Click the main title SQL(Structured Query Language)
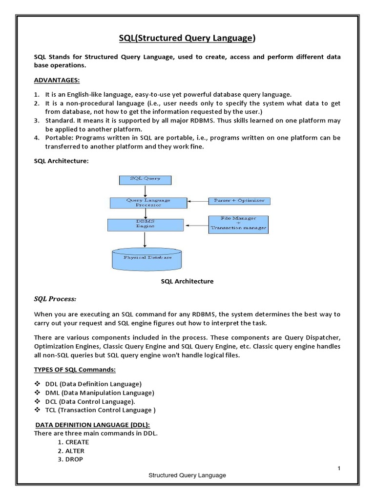click(x=187, y=38)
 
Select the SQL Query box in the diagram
click(x=139, y=179)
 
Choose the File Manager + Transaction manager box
click(x=238, y=223)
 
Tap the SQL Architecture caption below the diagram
click(x=187, y=282)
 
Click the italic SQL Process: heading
click(x=55, y=299)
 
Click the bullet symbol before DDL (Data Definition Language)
click(x=37, y=384)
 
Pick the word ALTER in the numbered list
click(x=75, y=451)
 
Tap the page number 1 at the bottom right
click(x=338, y=469)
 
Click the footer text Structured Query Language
click(x=187, y=475)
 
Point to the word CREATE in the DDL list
click(x=77, y=442)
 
